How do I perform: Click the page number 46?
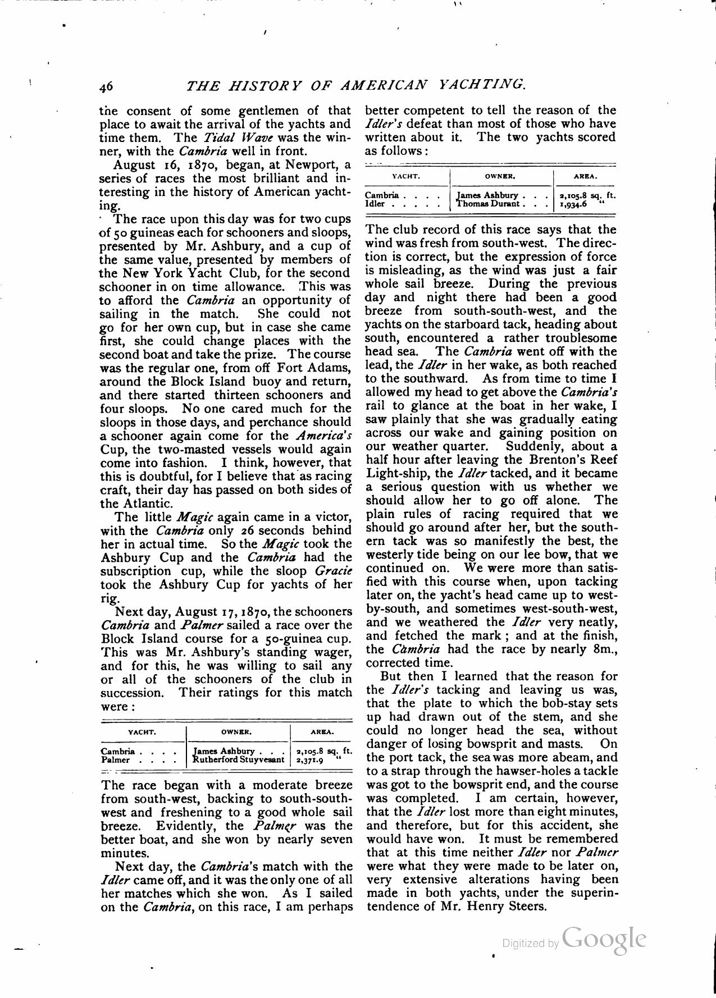106,86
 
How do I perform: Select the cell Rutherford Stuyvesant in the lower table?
238,760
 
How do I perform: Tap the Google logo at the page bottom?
604,939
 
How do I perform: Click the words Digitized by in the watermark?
530,944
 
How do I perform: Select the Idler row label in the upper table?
375,204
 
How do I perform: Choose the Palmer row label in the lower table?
116,760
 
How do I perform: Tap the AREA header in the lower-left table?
322,733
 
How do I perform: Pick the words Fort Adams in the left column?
309,368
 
